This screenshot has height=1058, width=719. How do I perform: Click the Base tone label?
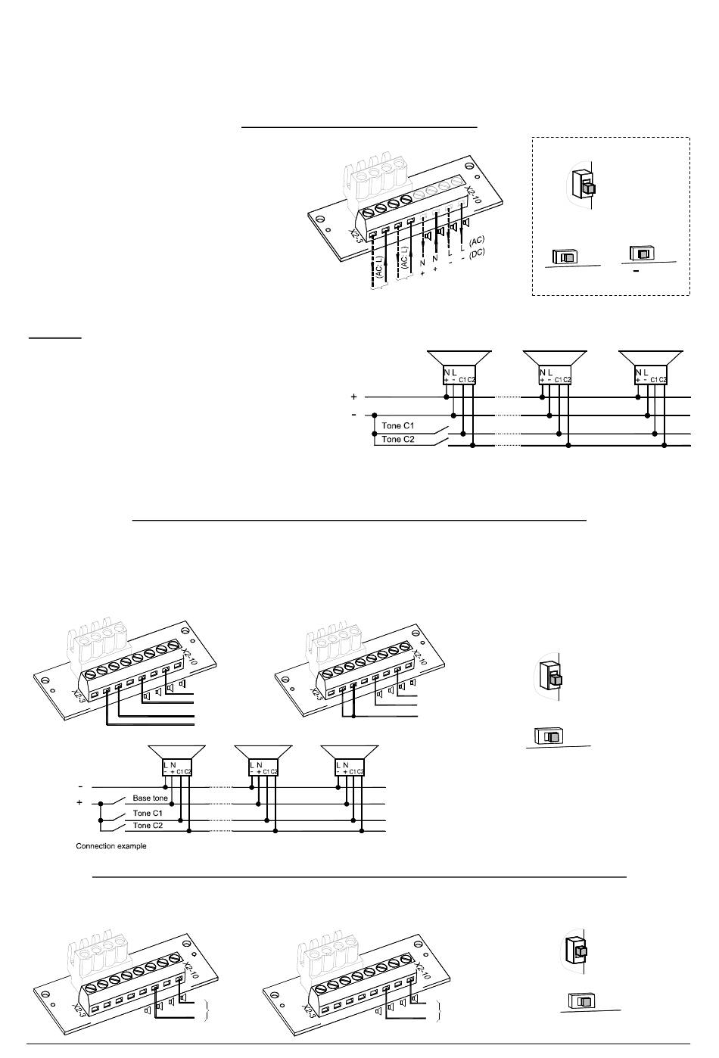151,798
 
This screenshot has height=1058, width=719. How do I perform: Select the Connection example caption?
111,846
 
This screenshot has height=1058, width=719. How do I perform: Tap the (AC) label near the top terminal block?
477,241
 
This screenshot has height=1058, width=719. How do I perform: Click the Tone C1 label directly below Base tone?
148,813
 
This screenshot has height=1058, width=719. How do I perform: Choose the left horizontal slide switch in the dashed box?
565,257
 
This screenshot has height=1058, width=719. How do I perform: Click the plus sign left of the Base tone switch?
79,802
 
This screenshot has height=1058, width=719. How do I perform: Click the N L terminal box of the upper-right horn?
651,375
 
